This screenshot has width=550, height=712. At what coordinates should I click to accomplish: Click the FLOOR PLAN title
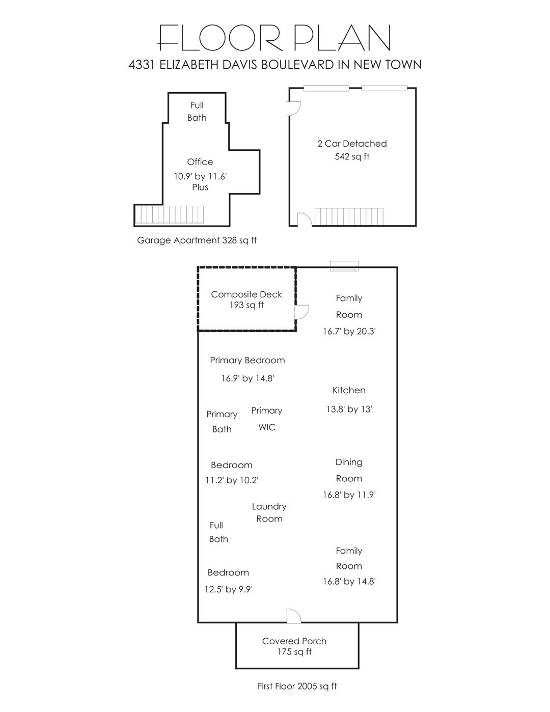click(x=274, y=38)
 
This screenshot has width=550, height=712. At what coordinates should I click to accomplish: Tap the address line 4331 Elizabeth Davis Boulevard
click(x=275, y=65)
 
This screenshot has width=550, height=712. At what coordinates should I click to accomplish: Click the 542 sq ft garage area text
click(x=352, y=157)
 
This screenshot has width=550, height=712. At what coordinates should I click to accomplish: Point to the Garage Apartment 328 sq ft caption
click(x=197, y=240)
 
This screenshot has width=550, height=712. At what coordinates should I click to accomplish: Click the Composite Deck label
click(x=246, y=294)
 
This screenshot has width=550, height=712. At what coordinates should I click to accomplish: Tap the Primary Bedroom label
click(x=248, y=360)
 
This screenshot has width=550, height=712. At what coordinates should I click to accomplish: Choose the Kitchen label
click(x=349, y=390)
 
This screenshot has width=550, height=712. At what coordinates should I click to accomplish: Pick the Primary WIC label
click(x=267, y=419)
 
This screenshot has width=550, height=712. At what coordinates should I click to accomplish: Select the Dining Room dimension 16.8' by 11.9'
click(x=349, y=495)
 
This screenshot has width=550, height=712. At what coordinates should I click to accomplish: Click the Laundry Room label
click(x=269, y=512)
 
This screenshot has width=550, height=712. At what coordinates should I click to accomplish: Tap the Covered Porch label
click(x=294, y=641)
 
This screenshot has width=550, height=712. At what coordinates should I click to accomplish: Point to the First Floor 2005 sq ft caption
click(x=297, y=686)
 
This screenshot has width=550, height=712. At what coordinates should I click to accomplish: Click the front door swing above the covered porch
click(x=294, y=616)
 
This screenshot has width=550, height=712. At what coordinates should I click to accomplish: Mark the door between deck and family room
click(x=301, y=312)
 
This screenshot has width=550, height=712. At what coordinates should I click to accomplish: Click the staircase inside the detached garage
click(x=349, y=216)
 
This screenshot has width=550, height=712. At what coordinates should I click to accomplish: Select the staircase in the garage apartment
click(x=170, y=214)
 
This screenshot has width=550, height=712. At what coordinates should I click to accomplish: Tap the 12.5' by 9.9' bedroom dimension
click(x=229, y=589)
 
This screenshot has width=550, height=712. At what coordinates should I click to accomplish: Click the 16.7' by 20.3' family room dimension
click(x=349, y=331)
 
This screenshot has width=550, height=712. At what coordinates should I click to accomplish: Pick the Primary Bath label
click(x=222, y=421)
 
